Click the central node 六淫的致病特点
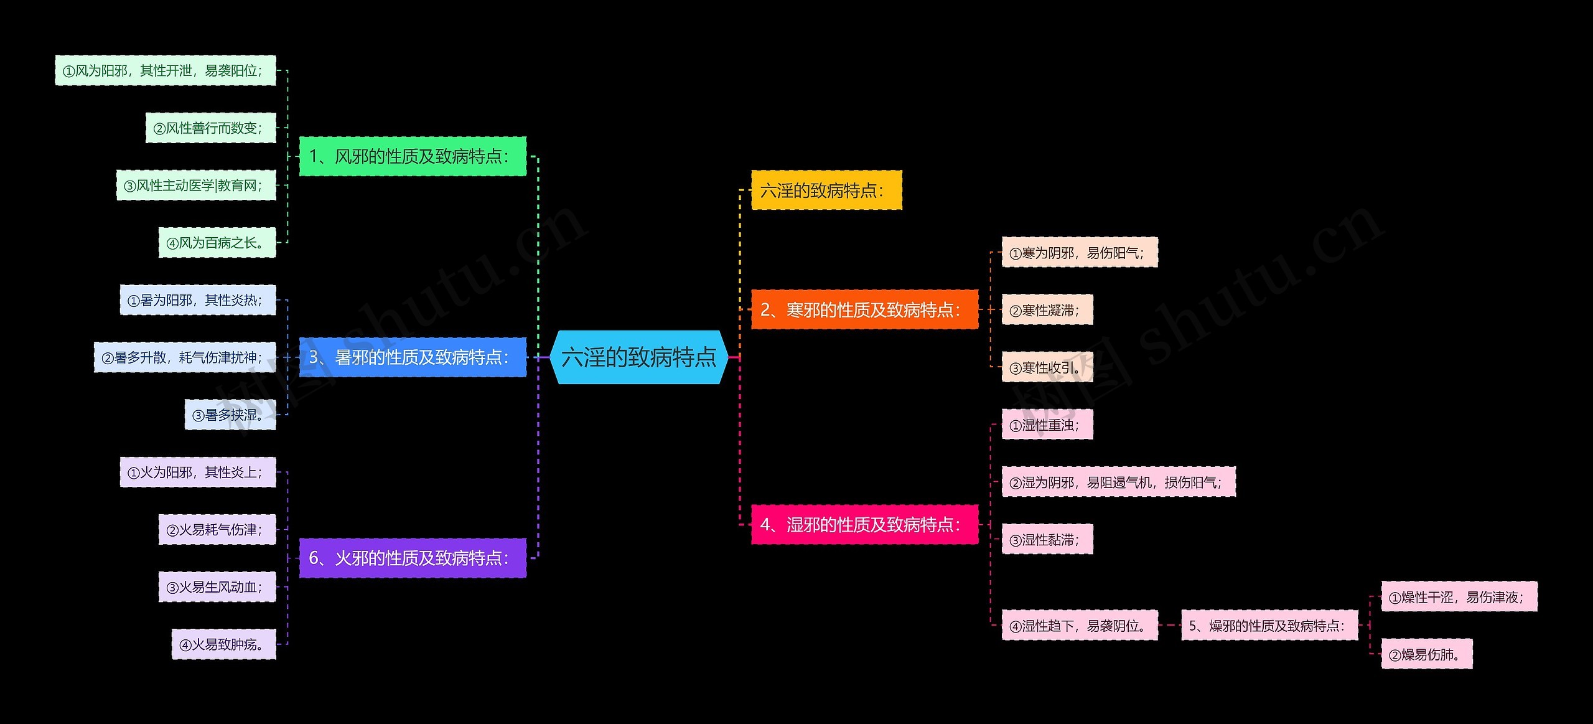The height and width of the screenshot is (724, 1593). pyautogui.click(x=639, y=357)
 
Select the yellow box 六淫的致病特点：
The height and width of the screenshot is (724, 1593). pyautogui.click(x=826, y=190)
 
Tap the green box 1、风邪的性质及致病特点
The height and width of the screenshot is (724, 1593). pyautogui.click(x=413, y=156)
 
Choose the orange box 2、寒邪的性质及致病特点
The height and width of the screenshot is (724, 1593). pyautogui.click(x=864, y=309)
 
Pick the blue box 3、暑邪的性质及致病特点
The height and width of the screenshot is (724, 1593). pyautogui.click(x=413, y=357)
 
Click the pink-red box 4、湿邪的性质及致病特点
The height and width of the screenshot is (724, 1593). pyautogui.click(x=864, y=525)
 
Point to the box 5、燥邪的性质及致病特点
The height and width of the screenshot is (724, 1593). pyautogui.click(x=1269, y=626)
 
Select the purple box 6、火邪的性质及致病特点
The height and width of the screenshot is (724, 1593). pyautogui.click(x=413, y=558)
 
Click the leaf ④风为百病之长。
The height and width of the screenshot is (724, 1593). pyautogui.click(x=217, y=243)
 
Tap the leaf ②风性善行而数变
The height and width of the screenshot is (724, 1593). pyautogui.click(x=210, y=128)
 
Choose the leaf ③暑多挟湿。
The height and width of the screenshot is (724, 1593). pyautogui.click(x=230, y=415)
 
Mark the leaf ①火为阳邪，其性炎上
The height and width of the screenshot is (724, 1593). pyautogui.click(x=198, y=472)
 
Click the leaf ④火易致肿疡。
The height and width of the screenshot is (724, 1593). pyautogui.click(x=223, y=644)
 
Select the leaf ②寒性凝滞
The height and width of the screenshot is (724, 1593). pyautogui.click(x=1047, y=310)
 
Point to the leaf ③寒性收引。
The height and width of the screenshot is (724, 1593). pyautogui.click(x=1047, y=367)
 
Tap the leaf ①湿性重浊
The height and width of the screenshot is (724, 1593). pyautogui.click(x=1047, y=425)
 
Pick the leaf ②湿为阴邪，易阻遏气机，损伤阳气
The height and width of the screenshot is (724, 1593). pyautogui.click(x=1118, y=482)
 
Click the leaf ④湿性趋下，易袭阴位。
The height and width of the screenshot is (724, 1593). pyautogui.click(x=1080, y=626)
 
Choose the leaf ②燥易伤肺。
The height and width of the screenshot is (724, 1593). pyautogui.click(x=1426, y=654)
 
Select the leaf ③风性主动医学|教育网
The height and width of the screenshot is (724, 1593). pyautogui.click(x=196, y=186)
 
